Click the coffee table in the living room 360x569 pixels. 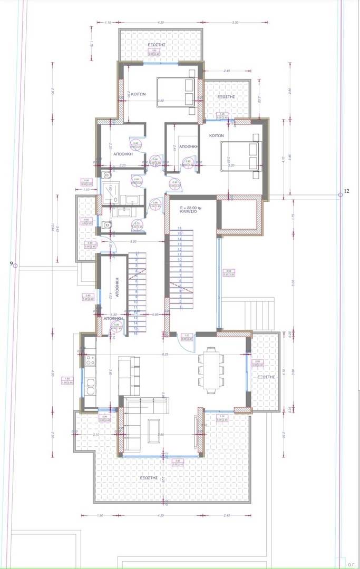click(155, 428)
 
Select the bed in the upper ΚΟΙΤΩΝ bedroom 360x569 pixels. click(176, 92)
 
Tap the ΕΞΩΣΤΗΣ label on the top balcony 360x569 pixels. click(157, 45)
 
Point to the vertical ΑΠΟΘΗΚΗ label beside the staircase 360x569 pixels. click(119, 289)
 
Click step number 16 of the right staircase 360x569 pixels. click(180, 229)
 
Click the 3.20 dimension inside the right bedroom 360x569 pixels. click(231, 165)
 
